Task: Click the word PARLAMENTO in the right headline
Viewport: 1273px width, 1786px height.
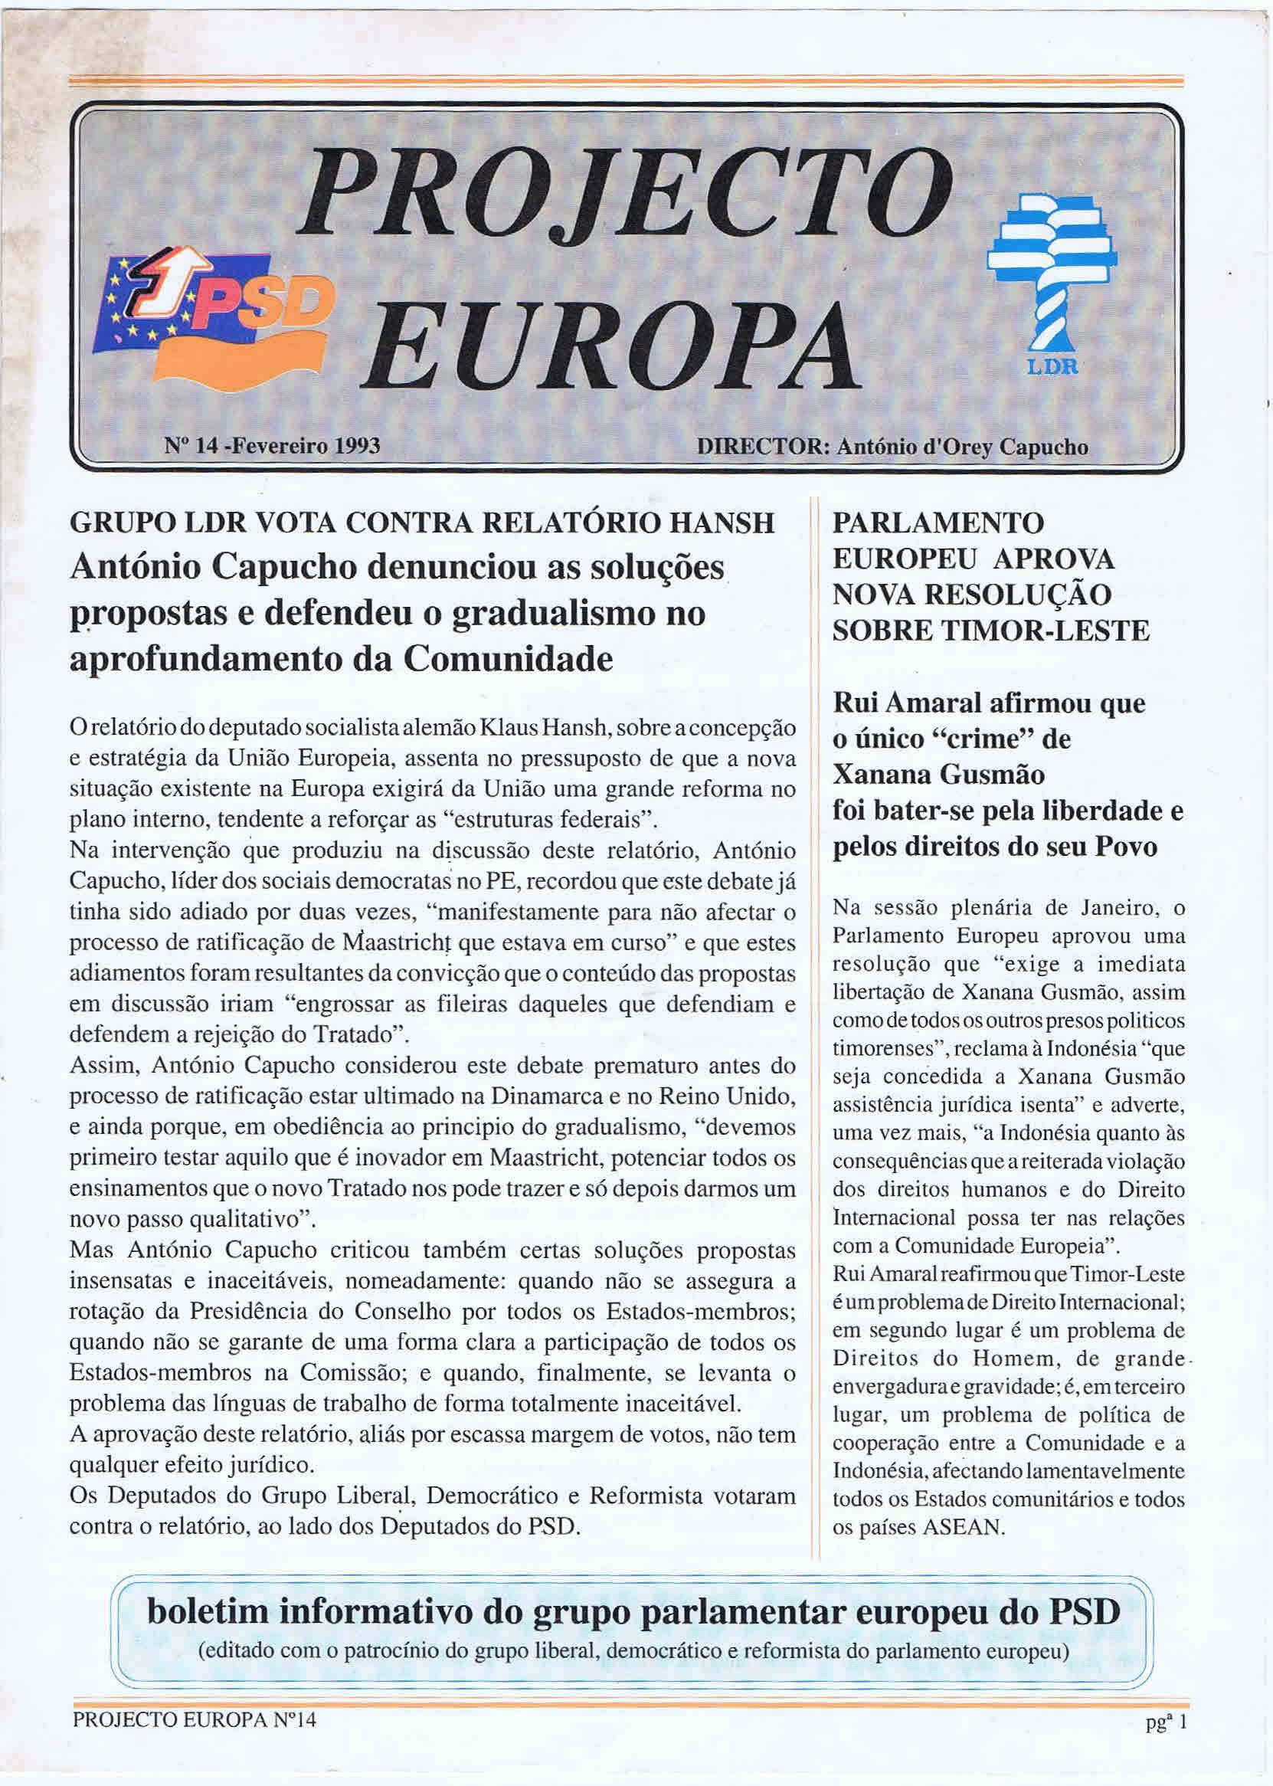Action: tap(938, 522)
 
